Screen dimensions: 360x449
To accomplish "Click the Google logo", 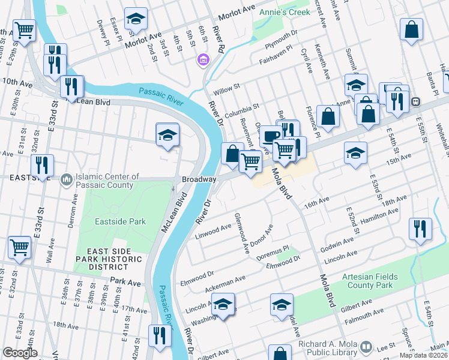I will [20, 353].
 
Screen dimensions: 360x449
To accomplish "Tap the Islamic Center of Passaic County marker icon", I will [66, 178].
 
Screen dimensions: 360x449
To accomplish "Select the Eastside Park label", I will [120, 221].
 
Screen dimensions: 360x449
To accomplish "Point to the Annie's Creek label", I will [281, 12].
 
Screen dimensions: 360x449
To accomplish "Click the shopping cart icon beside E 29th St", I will [23, 30].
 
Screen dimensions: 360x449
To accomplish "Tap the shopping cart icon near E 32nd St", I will [19, 247].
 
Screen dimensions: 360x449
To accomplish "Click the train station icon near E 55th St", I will [415, 101].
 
